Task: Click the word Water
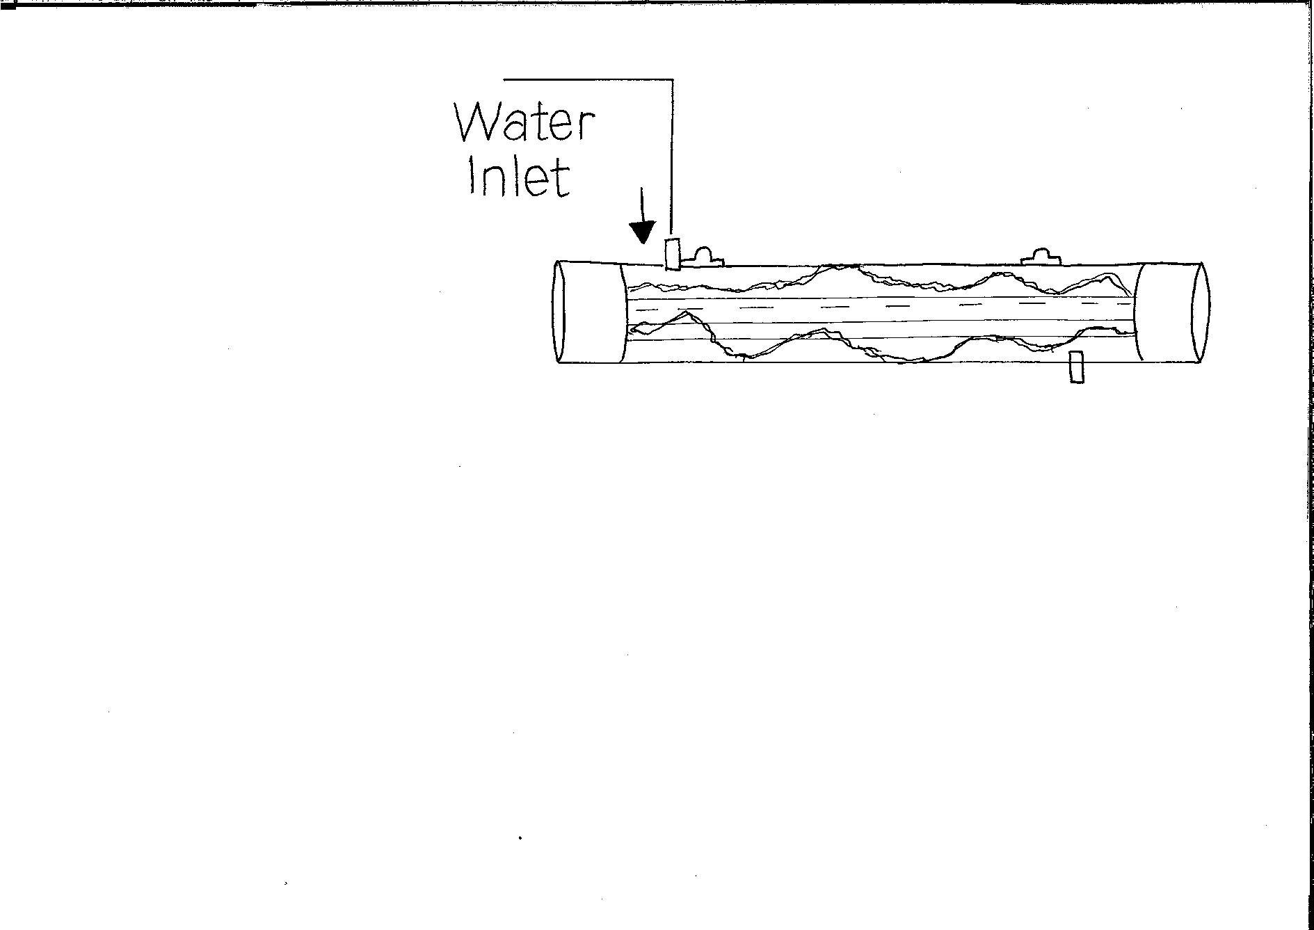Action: [x=525, y=123]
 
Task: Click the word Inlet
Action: [x=519, y=177]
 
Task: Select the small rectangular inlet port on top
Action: [x=672, y=254]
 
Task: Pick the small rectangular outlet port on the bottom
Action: [x=1076, y=367]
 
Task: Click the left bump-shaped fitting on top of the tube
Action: [x=703, y=257]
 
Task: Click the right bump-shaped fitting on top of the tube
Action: [x=1041, y=255]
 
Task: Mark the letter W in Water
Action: [x=479, y=123]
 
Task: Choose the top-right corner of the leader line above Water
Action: [x=672, y=80]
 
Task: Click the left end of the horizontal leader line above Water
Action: [x=504, y=80]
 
